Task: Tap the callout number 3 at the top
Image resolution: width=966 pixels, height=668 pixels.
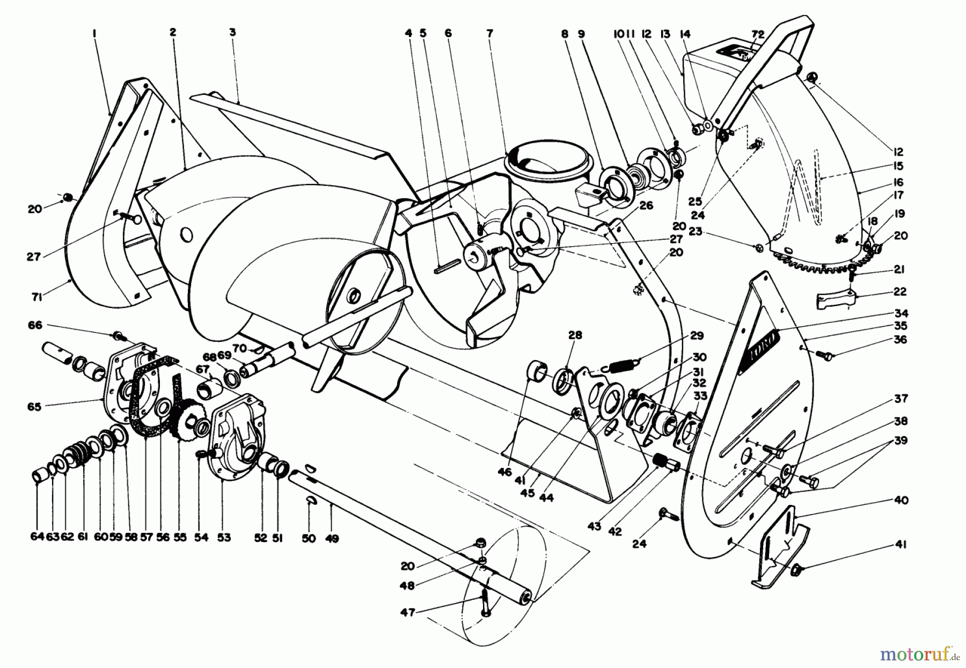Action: [x=232, y=33]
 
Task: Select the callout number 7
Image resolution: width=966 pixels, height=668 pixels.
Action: [x=489, y=33]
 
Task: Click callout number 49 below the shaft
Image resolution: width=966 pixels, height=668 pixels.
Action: [x=332, y=538]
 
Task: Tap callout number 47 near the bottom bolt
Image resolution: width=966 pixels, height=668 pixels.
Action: [x=408, y=612]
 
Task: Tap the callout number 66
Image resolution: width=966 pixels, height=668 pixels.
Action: [x=35, y=325]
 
